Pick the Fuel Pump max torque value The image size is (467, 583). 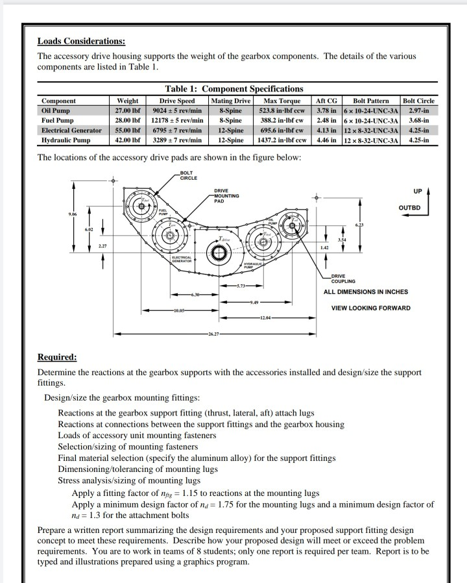pos(282,120)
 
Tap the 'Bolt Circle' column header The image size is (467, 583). pos(418,101)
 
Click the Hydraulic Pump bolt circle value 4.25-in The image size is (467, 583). pos(418,140)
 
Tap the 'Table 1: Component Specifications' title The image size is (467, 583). pos(234,89)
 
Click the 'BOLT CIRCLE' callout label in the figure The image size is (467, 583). pos(189,175)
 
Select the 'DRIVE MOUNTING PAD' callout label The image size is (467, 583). pos(226,195)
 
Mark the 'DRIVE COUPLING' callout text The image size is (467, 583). pos(342,279)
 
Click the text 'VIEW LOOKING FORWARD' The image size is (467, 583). pos(370,308)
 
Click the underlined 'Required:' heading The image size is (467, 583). pos(57,358)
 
